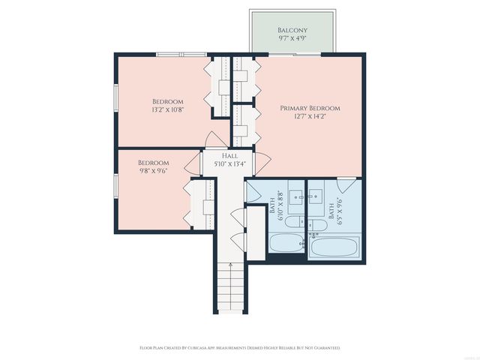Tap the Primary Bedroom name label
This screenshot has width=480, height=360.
coord(310,109)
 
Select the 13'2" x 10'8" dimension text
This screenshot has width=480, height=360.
coord(168,109)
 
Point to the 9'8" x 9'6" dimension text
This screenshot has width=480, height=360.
coord(153,170)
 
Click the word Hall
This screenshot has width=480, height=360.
coord(229,155)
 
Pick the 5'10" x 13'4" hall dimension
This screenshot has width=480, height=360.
coord(229,163)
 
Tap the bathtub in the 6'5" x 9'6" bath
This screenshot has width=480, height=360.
coord(334,247)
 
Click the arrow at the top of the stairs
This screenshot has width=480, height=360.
coord(229,265)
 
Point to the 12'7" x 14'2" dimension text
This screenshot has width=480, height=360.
coord(310,117)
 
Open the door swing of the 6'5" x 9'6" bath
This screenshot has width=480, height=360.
coord(346,183)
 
